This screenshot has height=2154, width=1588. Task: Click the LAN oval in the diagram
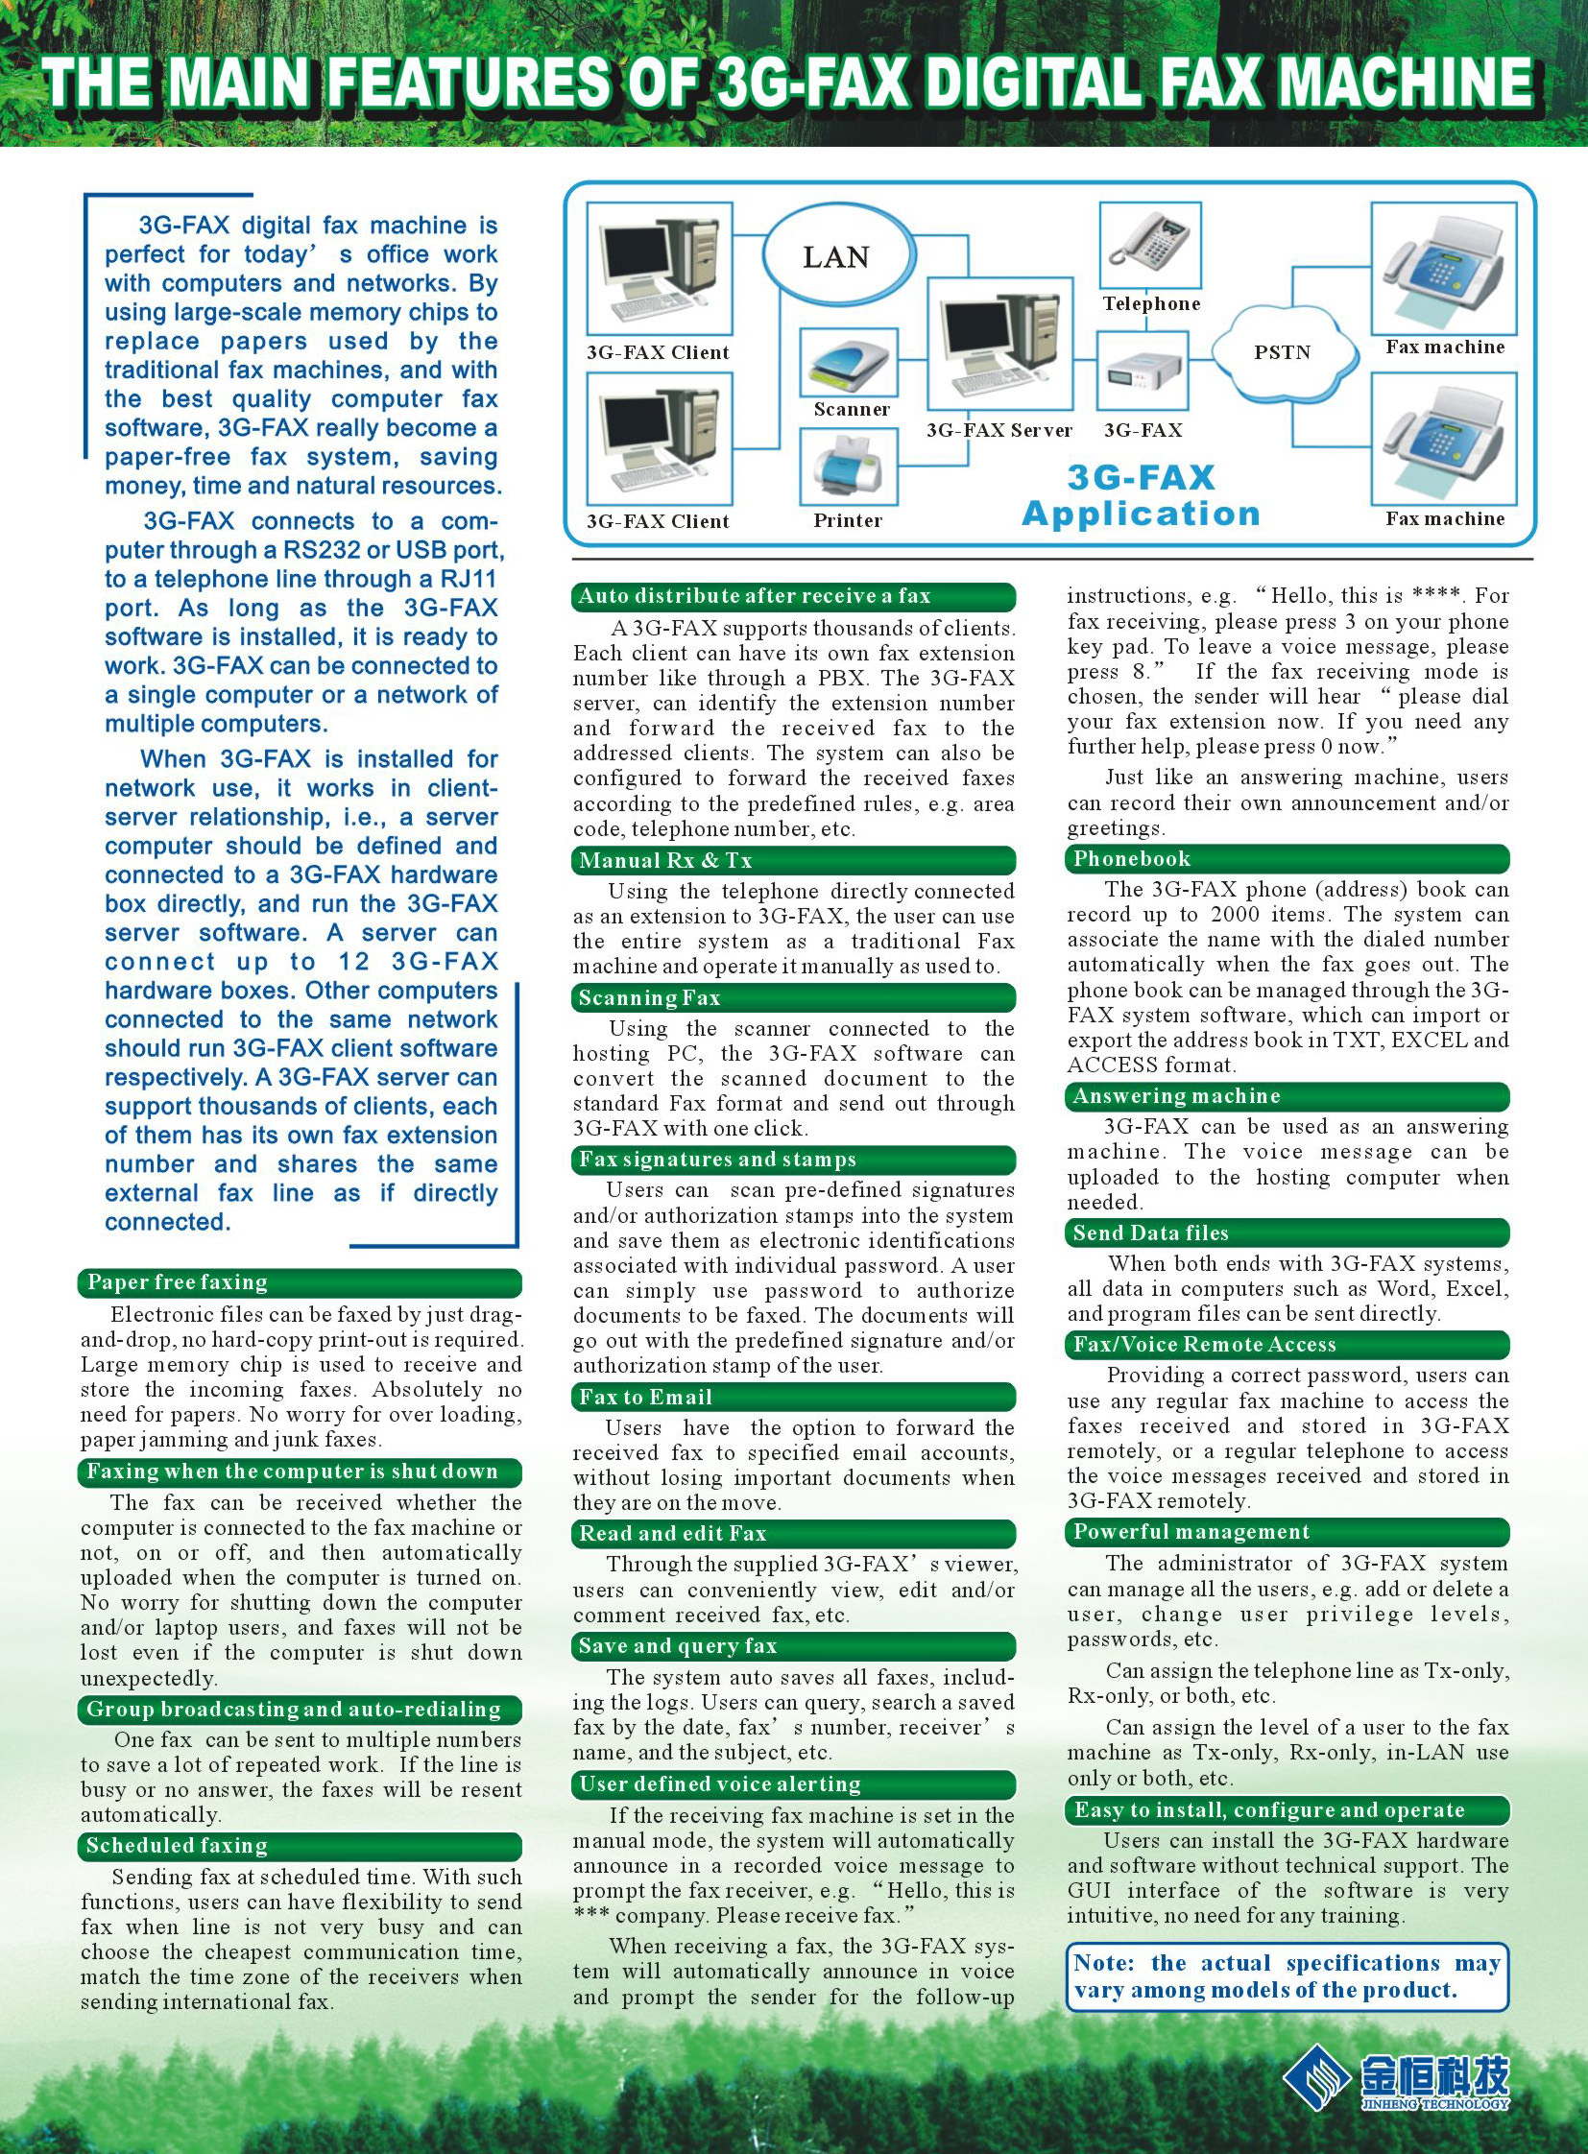click(835, 256)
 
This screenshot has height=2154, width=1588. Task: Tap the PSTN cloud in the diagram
click(1282, 351)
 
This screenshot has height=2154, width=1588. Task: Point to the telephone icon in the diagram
click(1149, 245)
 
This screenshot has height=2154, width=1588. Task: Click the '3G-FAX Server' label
click(999, 431)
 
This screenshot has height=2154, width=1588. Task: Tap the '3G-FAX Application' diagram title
click(1141, 496)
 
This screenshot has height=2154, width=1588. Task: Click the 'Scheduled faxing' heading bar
click(299, 1846)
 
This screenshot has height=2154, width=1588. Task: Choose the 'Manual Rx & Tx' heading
click(793, 860)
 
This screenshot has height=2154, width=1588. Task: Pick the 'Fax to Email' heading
click(793, 1398)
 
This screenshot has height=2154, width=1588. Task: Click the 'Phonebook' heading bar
click(1287, 859)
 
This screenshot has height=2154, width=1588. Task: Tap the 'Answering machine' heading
click(1287, 1097)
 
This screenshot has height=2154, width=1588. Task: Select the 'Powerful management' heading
click(1287, 1532)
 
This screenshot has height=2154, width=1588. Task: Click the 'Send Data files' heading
click(1287, 1233)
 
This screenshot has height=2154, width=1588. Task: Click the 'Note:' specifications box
click(1287, 1976)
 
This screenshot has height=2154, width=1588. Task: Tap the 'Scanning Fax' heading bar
click(793, 997)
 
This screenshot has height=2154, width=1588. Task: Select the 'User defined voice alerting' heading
click(793, 1783)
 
